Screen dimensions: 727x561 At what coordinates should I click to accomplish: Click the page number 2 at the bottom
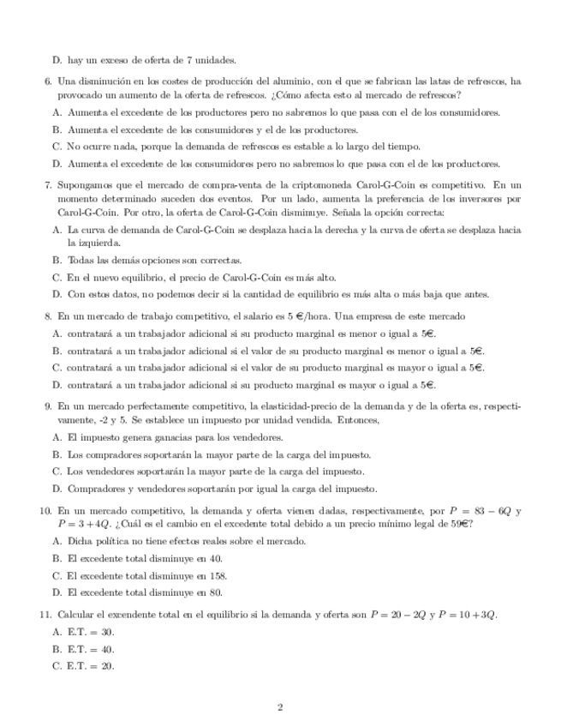coord(280,706)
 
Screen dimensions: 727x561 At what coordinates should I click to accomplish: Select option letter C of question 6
coord(57,147)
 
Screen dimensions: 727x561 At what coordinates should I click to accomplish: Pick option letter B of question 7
coord(57,260)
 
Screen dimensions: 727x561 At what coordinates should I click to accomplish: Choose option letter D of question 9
coord(57,489)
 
